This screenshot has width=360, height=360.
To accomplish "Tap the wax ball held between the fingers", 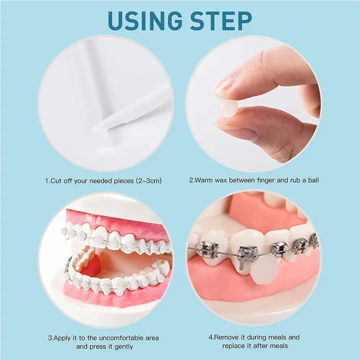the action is pos(228,109).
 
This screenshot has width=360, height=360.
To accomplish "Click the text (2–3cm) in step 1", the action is pos(149,181).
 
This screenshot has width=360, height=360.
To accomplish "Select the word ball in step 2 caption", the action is pos(314,180).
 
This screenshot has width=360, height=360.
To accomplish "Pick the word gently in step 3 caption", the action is pos(123,347).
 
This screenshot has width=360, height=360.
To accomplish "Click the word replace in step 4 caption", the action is pos(233,346).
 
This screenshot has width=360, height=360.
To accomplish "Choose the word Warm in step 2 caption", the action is pos(204,180).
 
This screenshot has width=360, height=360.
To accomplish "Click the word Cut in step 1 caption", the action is pos(56,181).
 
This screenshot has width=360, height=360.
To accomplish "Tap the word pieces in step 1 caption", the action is pos(124,181).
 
